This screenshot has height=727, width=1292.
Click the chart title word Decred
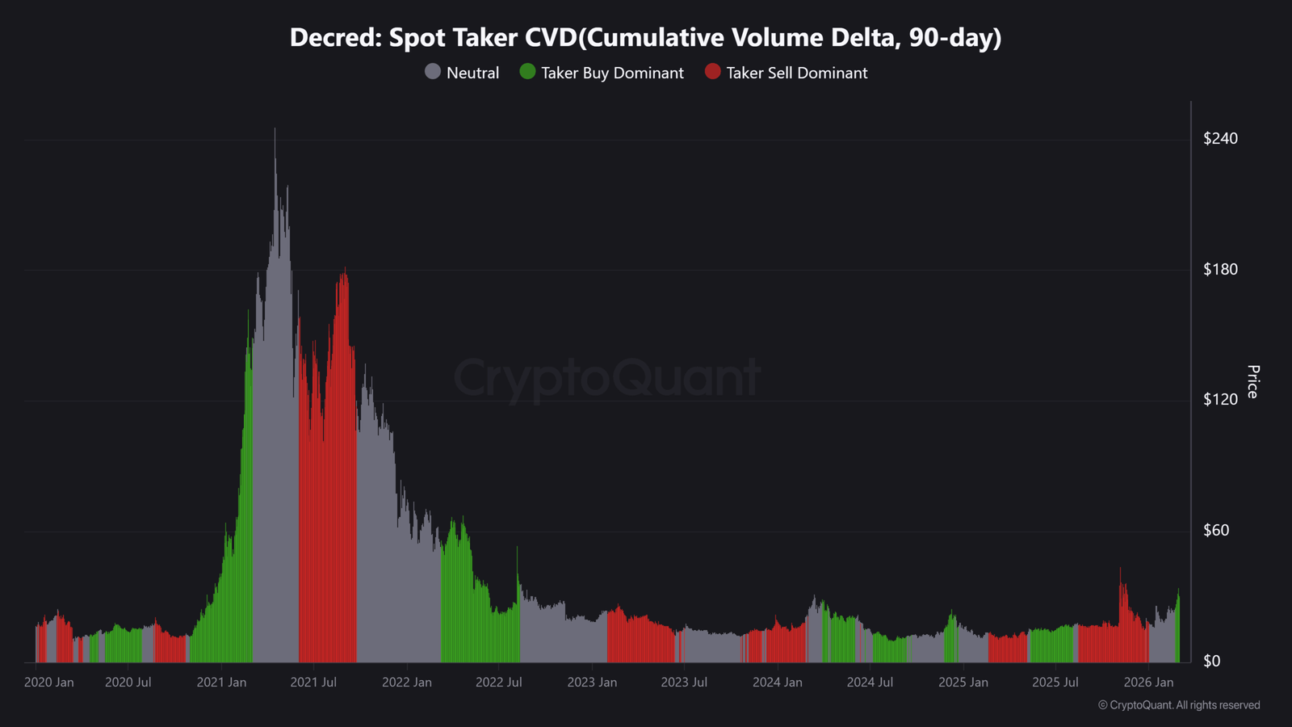coord(332,38)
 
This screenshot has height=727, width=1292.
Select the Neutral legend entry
coord(463,73)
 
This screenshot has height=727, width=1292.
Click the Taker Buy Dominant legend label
coord(612,73)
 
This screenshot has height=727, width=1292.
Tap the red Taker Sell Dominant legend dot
coord(712,72)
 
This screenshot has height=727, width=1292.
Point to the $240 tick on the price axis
coord(1220,138)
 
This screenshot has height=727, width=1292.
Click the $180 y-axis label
coord(1220,269)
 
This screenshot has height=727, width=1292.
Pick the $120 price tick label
coord(1220,399)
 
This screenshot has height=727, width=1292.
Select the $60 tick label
coord(1216,530)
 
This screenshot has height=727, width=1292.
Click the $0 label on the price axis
coord(1211,661)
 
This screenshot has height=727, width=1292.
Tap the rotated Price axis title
coord(1252,381)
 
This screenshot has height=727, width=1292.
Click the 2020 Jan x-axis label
coord(48,683)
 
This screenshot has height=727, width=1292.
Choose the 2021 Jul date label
coord(313,683)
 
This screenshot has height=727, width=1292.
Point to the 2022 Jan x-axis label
coord(407,683)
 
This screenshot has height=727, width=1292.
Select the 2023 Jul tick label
coord(684,683)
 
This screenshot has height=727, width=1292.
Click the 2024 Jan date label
coord(778,683)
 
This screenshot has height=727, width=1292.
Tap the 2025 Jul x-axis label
coord(1055,683)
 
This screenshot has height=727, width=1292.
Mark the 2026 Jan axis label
coord(1148,683)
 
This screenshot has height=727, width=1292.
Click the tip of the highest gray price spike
coord(275,129)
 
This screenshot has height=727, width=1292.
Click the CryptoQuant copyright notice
coord(1179,705)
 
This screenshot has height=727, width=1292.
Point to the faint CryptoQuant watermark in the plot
coord(607,377)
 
